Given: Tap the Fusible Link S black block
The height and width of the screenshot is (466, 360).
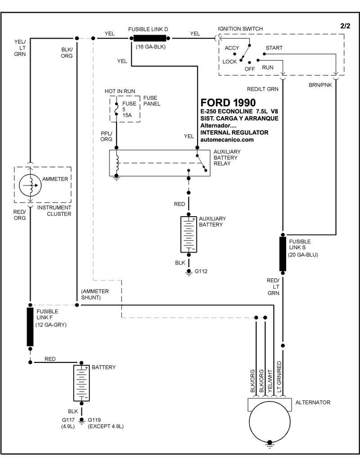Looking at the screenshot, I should [x=283, y=254].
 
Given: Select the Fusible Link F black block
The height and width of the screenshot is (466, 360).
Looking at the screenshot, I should [x=30, y=327].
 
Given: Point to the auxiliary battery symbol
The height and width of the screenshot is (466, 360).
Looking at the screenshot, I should [x=189, y=234].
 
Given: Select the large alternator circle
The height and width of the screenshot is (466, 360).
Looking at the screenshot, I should [x=270, y=423].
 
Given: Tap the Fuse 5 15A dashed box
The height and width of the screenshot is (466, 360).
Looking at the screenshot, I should [x=125, y=109].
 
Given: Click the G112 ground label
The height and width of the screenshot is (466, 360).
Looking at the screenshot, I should [x=200, y=271].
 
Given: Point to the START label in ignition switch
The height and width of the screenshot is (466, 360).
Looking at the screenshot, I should [x=274, y=48].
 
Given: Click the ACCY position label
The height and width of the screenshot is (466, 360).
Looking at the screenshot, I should [x=232, y=48].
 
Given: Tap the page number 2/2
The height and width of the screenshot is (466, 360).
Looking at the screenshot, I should [x=345, y=26].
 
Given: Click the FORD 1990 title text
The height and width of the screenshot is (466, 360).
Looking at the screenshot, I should [x=228, y=102].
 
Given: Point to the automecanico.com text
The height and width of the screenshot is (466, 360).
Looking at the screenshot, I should [x=227, y=140].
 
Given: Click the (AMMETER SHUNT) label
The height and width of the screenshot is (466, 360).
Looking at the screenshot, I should [x=95, y=294].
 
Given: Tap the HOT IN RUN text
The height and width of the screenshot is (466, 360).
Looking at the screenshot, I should [x=120, y=91].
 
